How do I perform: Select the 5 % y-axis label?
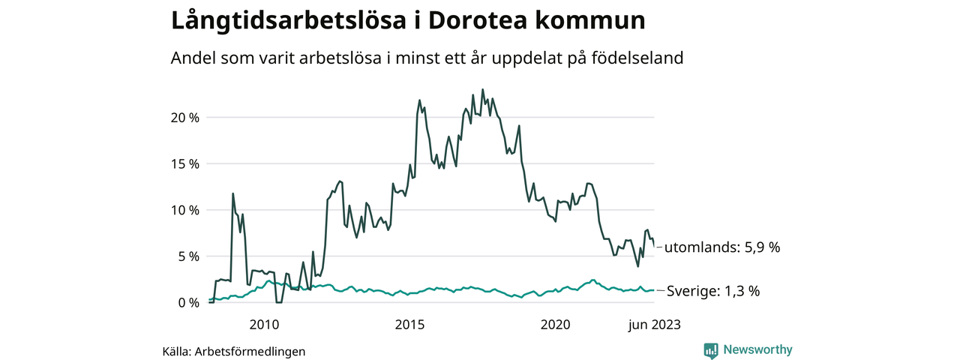pyautogui.click(x=187, y=256)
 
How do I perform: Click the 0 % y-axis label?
pyautogui.click(x=187, y=302)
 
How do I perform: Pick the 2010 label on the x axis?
pyautogui.click(x=264, y=324)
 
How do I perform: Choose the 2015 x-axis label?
pyautogui.click(x=409, y=324)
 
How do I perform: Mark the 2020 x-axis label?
pyautogui.click(x=556, y=324)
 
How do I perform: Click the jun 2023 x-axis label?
pyautogui.click(x=654, y=324)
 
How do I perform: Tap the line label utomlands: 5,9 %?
pyautogui.click(x=722, y=247)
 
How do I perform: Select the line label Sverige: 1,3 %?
pyautogui.click(x=713, y=291)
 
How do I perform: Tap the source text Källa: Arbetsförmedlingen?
pyautogui.click(x=234, y=351)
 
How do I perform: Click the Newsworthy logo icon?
pyautogui.click(x=711, y=349)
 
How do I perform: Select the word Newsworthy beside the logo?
pyautogui.click(x=757, y=349)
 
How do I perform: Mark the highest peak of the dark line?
pyautogui.click(x=482, y=89)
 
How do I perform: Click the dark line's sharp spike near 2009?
pyautogui.click(x=232, y=193)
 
